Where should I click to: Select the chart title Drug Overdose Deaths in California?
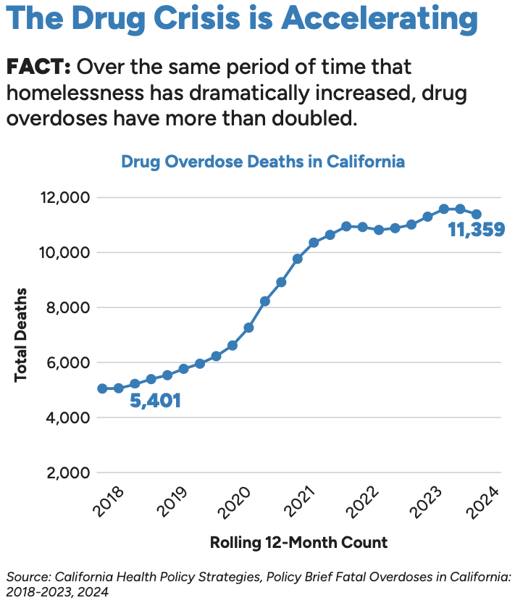[x=263, y=161]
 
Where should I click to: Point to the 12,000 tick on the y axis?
[x=63, y=197]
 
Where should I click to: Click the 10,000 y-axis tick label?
[x=63, y=252]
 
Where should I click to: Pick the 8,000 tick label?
[x=67, y=307]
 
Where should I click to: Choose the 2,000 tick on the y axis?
[x=67, y=473]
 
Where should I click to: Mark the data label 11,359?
[x=476, y=230]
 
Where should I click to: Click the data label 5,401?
[x=155, y=400]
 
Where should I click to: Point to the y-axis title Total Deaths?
[x=21, y=334]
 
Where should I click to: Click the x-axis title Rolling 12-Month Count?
[x=298, y=541]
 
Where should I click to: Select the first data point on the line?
[x=102, y=388]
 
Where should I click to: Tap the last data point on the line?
[x=477, y=214]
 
